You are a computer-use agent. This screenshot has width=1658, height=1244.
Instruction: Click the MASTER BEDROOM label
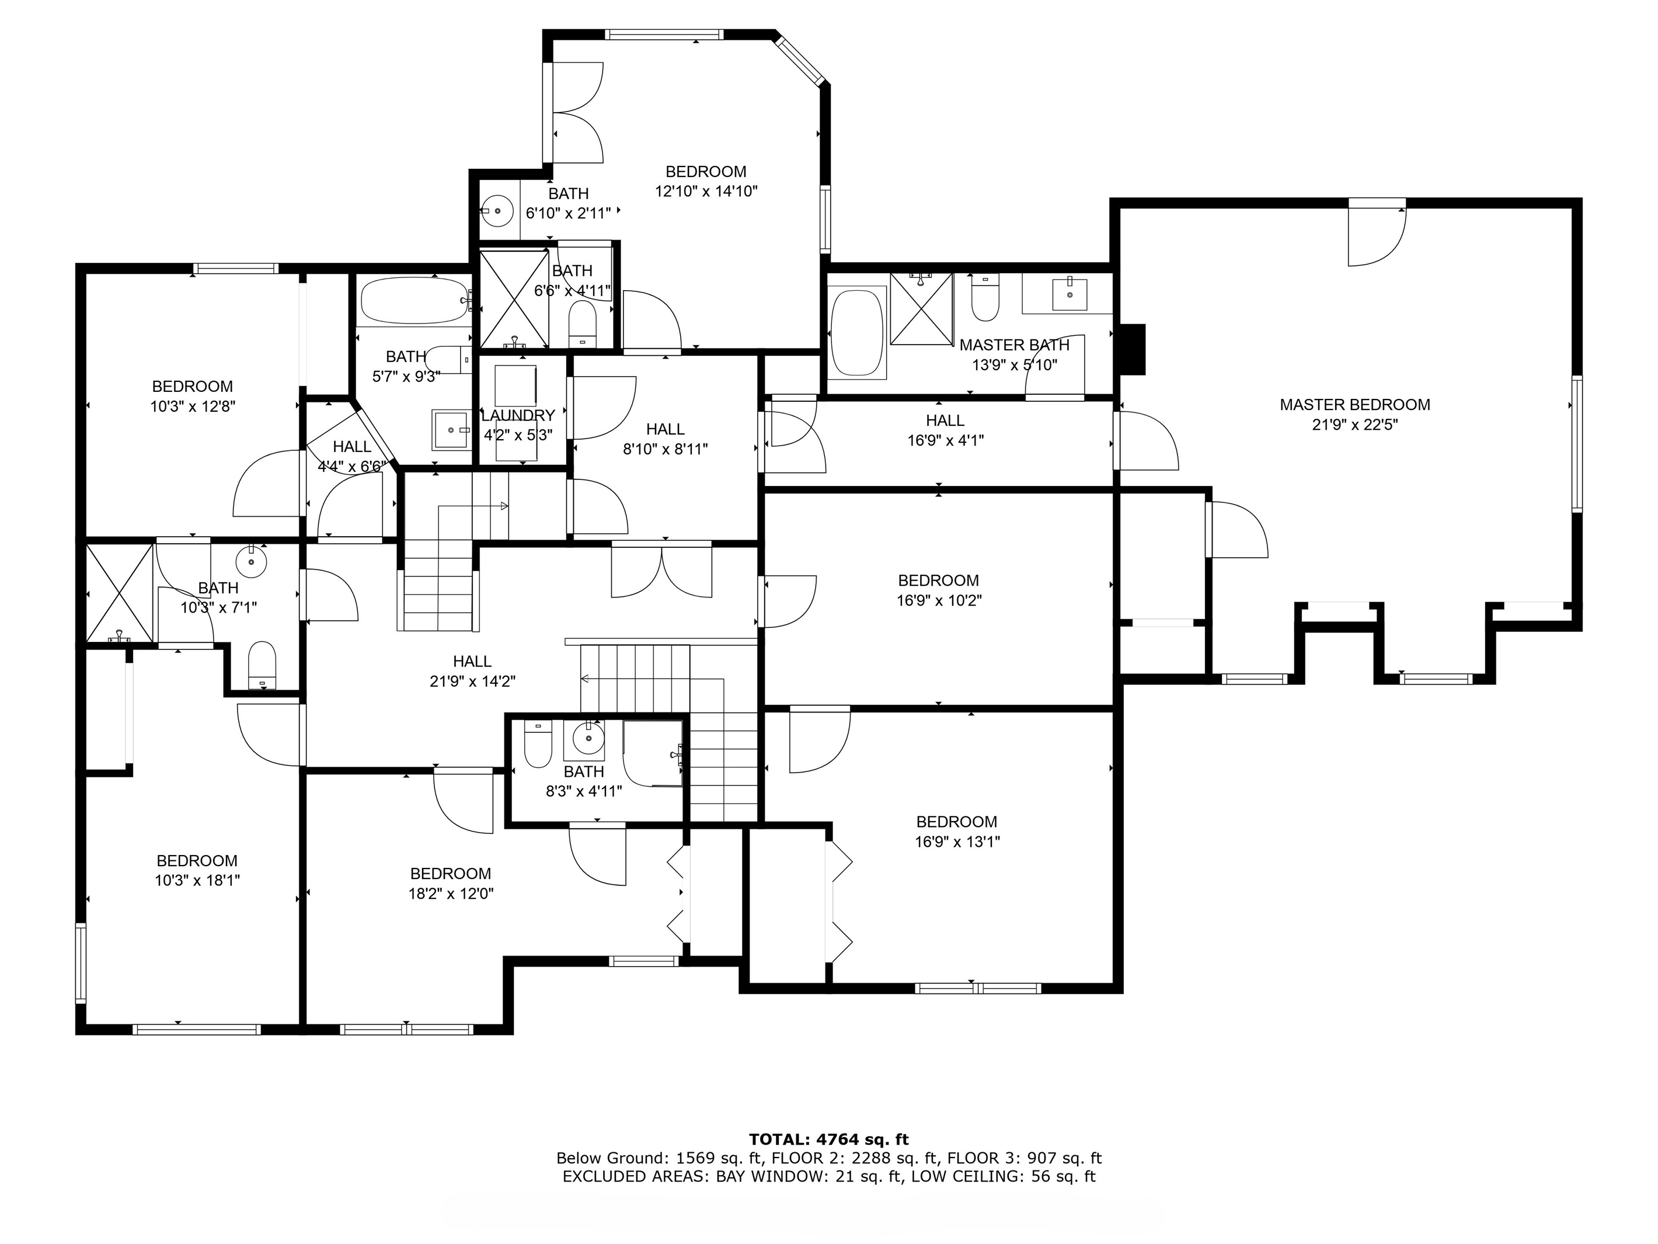[1354, 405]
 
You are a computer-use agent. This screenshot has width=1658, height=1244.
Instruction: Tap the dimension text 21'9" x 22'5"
[1354, 425]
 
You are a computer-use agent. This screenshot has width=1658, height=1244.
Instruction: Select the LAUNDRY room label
[518, 415]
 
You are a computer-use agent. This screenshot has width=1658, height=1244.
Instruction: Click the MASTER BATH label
[1014, 346]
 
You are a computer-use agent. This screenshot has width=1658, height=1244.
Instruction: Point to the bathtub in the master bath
[858, 332]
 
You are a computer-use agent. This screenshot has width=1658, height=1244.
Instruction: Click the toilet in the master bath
[985, 298]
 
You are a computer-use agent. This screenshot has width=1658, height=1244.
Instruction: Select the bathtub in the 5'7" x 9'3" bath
[414, 301]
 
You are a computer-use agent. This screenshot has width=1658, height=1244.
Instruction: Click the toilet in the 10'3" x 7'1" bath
[262, 663]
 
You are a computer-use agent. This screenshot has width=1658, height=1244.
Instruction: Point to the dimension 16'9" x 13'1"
[957, 842]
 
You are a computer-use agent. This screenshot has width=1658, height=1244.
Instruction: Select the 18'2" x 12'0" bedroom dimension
[451, 894]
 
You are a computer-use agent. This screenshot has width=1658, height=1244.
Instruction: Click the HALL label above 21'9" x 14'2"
[472, 661]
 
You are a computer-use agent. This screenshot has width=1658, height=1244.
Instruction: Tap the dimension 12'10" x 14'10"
[706, 191]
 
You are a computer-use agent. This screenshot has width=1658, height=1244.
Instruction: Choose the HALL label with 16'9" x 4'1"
[945, 421]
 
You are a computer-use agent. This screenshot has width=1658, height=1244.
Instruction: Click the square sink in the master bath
[1070, 294]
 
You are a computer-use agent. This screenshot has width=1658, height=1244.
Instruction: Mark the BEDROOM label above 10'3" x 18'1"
[197, 861]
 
